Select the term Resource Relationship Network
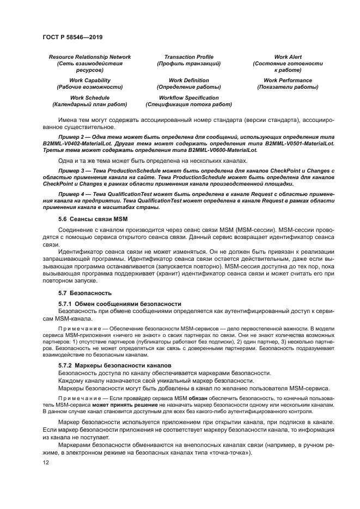90,57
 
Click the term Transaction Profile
188,57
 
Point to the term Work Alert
288,57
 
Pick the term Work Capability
90,80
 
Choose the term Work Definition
188,80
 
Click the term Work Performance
288,80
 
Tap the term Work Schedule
90,97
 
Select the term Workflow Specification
188,97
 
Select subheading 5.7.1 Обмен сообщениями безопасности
119,303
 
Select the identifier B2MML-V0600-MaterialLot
221,149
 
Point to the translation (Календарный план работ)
90,104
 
